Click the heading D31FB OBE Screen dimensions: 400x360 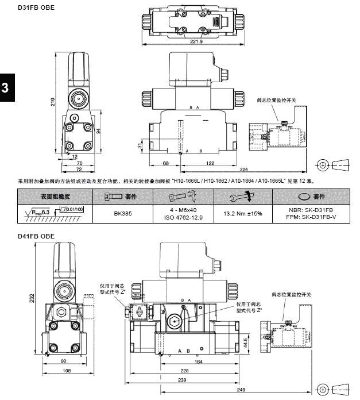click(x=36, y=7)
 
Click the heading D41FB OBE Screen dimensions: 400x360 click(x=36, y=236)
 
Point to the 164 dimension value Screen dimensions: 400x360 click(x=199, y=361)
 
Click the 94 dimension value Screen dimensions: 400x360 click(x=98, y=131)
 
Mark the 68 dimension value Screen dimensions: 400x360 click(x=165, y=164)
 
